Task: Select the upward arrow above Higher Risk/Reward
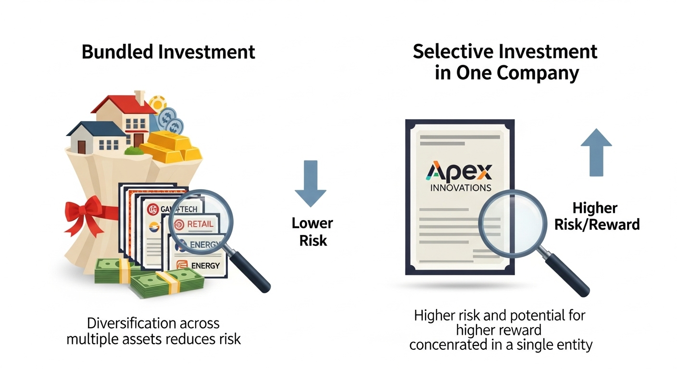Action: (x=596, y=152)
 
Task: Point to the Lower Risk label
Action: (x=313, y=232)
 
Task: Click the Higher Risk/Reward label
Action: (x=597, y=216)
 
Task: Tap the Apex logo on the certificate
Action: (x=459, y=172)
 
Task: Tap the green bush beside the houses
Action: (x=134, y=151)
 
